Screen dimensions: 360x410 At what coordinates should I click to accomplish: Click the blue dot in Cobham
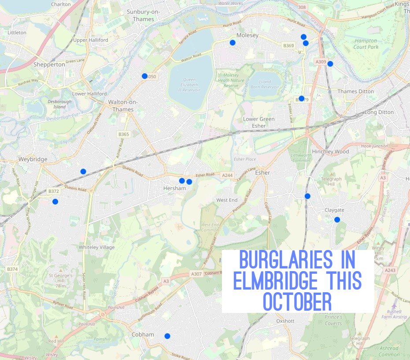click(167, 336)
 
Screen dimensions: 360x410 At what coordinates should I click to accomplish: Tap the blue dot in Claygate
click(337, 220)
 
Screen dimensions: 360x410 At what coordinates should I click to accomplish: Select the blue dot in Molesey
click(233, 42)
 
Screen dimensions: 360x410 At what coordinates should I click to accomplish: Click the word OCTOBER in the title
click(297, 301)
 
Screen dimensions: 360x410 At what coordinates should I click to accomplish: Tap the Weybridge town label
click(33, 159)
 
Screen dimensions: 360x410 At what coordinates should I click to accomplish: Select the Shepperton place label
click(49, 64)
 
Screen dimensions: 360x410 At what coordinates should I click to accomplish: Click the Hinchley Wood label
click(330, 151)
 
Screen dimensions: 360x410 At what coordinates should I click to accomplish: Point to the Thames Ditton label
click(355, 92)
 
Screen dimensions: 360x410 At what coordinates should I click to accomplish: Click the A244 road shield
click(227, 176)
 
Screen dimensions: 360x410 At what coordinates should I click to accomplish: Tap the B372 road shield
click(53, 191)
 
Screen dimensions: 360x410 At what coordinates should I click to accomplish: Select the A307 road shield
click(196, 274)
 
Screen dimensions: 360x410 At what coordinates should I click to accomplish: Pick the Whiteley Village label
click(96, 247)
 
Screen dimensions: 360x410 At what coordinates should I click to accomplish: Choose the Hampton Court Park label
click(366, 44)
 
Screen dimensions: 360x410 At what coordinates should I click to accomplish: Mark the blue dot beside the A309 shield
click(330, 64)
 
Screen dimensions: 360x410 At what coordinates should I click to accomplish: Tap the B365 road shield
click(124, 134)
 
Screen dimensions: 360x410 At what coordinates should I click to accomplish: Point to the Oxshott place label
click(285, 321)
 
